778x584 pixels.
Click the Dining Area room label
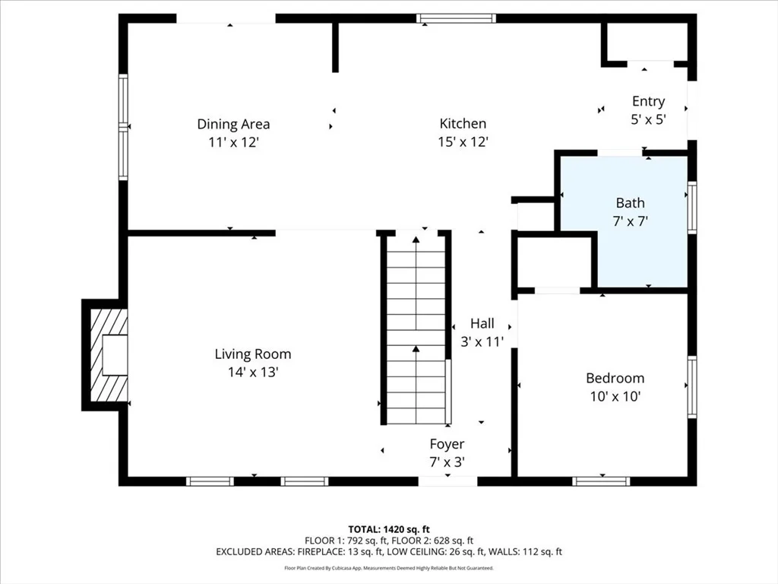point(233,124)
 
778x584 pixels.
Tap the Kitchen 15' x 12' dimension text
point(463,142)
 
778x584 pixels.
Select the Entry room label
point(649,101)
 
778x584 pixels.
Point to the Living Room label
point(253,354)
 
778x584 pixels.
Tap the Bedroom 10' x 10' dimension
point(615,396)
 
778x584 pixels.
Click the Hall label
point(482,324)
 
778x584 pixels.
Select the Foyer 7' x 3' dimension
point(447,462)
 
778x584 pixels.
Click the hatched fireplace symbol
point(109,355)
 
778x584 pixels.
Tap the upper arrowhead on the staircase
point(416,240)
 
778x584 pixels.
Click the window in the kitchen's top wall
point(457,19)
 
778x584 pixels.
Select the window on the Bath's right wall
point(692,207)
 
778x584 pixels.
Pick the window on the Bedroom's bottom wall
point(602,481)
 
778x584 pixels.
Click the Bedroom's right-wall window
point(692,387)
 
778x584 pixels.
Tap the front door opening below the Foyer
point(448,481)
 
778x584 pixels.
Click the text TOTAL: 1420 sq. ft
point(389,529)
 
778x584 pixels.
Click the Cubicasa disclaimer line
point(389,568)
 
